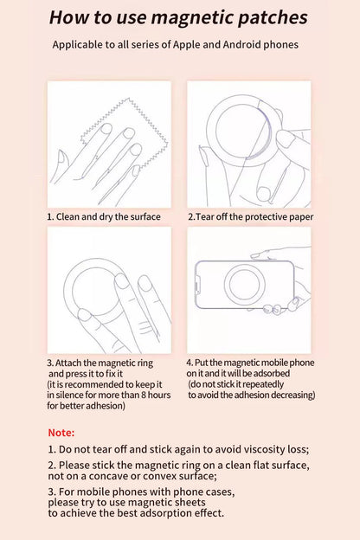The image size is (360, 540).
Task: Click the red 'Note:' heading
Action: pos(61,432)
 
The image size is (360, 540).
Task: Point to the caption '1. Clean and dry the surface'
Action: pos(104,216)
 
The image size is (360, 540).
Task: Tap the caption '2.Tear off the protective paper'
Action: pos(251,216)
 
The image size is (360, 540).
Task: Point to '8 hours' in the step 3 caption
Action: pos(152,395)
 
